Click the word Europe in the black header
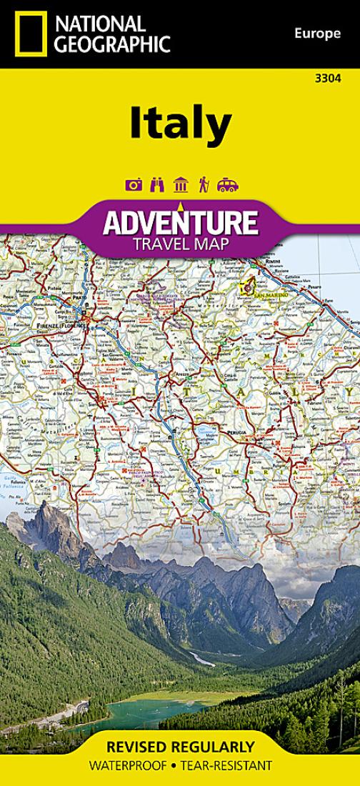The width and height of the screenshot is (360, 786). [317, 32]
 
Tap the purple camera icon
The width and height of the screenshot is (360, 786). [133, 185]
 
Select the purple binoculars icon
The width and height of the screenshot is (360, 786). [157, 185]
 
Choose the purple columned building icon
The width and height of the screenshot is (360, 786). [180, 185]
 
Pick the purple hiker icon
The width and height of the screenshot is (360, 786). [204, 185]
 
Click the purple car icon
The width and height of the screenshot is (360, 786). [228, 185]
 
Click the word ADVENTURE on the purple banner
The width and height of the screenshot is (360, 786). [180, 224]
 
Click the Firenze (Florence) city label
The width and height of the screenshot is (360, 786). [61, 325]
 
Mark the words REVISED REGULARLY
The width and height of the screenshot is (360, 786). [180, 747]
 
